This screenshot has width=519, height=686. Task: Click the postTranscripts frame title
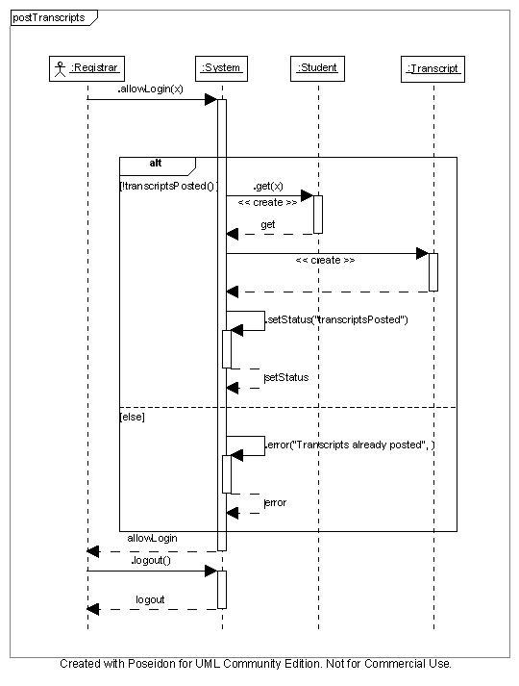(x=48, y=18)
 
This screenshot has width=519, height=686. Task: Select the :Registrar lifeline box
(x=86, y=68)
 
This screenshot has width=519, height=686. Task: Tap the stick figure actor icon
(x=60, y=69)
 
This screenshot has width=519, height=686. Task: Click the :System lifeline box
(x=221, y=68)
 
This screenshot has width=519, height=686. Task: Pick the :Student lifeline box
(x=317, y=68)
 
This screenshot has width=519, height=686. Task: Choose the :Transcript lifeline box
(x=432, y=69)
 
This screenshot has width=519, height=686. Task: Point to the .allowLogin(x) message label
(x=150, y=89)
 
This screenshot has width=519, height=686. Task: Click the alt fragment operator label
(x=156, y=164)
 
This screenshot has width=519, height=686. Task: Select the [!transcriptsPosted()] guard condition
(x=168, y=186)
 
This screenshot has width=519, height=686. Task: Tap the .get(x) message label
(x=268, y=187)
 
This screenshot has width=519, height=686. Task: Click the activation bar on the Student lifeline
(x=318, y=215)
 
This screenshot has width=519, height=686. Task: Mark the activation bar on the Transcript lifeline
(x=433, y=272)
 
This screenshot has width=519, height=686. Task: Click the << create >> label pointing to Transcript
(x=325, y=261)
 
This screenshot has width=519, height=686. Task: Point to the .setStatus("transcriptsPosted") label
(x=336, y=319)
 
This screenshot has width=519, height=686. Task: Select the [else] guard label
(x=132, y=417)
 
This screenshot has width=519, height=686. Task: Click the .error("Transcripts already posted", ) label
(x=350, y=445)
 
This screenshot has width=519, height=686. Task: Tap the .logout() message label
(x=151, y=560)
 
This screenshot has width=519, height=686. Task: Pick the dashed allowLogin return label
(x=152, y=538)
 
